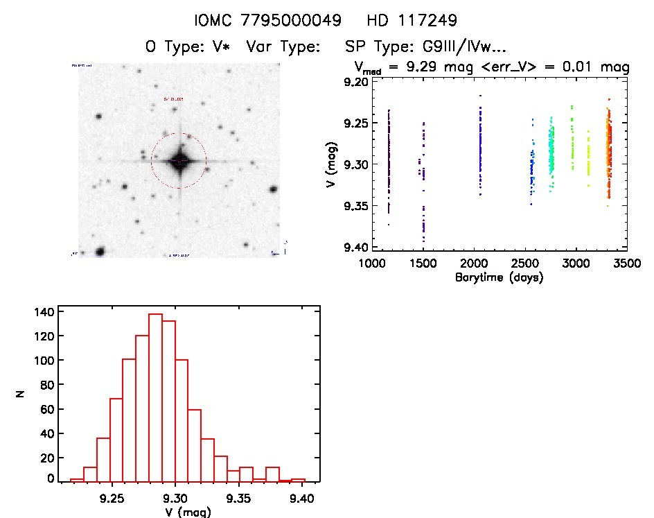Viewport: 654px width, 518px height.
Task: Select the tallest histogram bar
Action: coord(155,395)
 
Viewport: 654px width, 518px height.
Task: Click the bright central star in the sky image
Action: coord(179,161)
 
